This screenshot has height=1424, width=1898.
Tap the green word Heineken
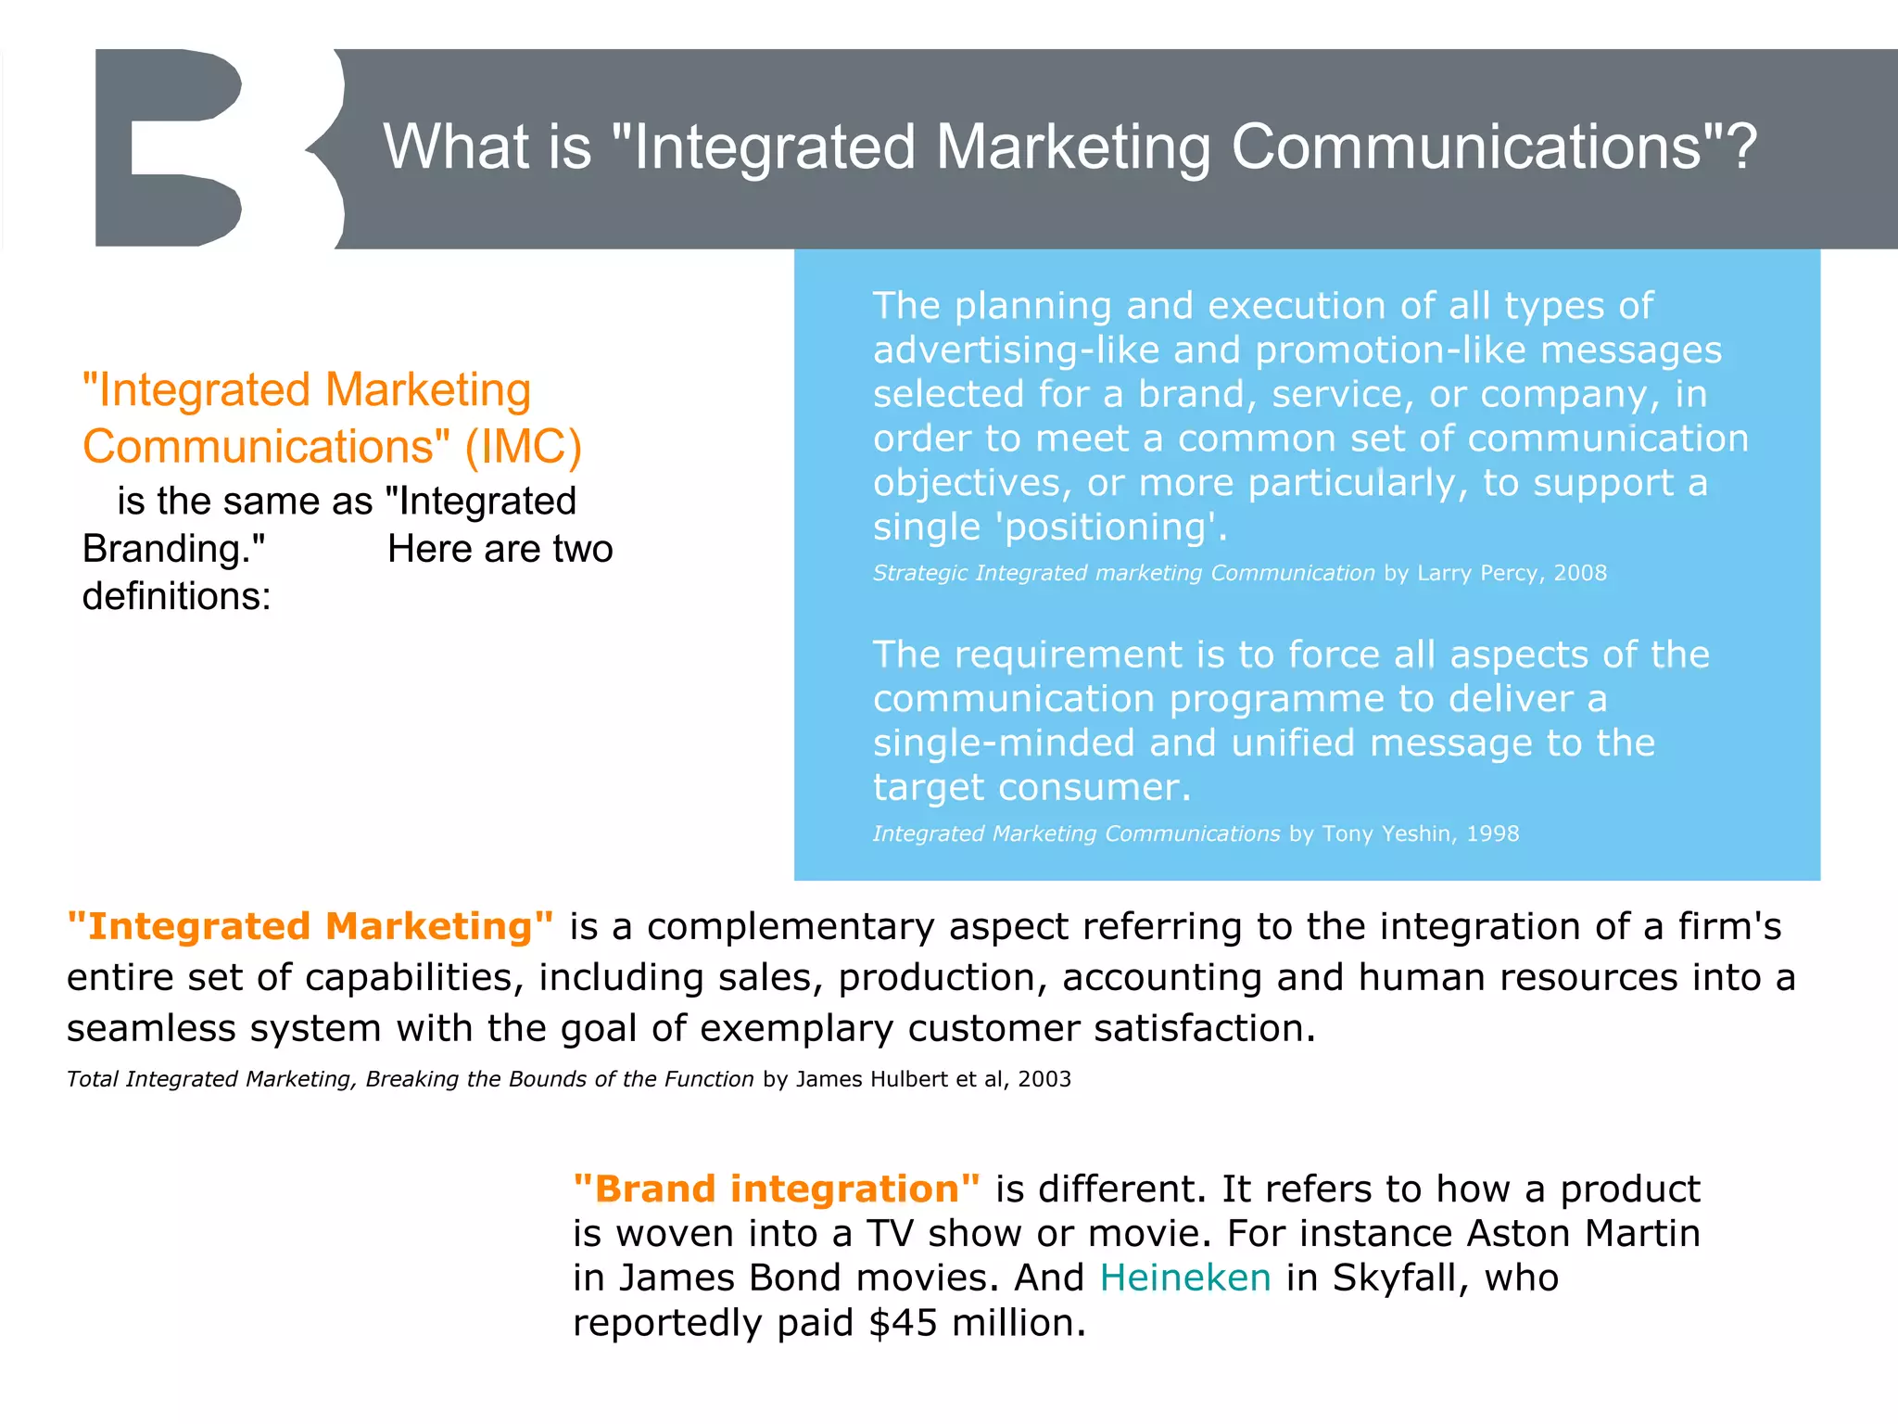pyautogui.click(x=1184, y=1278)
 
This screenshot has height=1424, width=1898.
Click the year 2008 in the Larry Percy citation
pyautogui.click(x=1580, y=573)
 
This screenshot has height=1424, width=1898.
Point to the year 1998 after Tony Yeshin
pyautogui.click(x=1492, y=833)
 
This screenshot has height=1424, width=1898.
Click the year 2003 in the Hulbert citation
pyautogui.click(x=1044, y=1079)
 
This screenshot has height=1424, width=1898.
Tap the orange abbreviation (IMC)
pyautogui.click(x=523, y=447)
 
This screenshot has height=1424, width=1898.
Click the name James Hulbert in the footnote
pyautogui.click(x=872, y=1079)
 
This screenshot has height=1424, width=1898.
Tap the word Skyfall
pyautogui.click(x=1400, y=1278)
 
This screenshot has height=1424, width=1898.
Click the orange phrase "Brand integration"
pyautogui.click(x=777, y=1189)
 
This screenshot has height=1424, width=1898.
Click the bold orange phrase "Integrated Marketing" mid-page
pyautogui.click(x=310, y=927)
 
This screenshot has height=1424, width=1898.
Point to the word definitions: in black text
pyautogui.click(x=176, y=596)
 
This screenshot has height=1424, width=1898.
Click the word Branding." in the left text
pyautogui.click(x=173, y=549)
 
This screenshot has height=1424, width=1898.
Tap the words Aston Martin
pyautogui.click(x=1583, y=1234)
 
